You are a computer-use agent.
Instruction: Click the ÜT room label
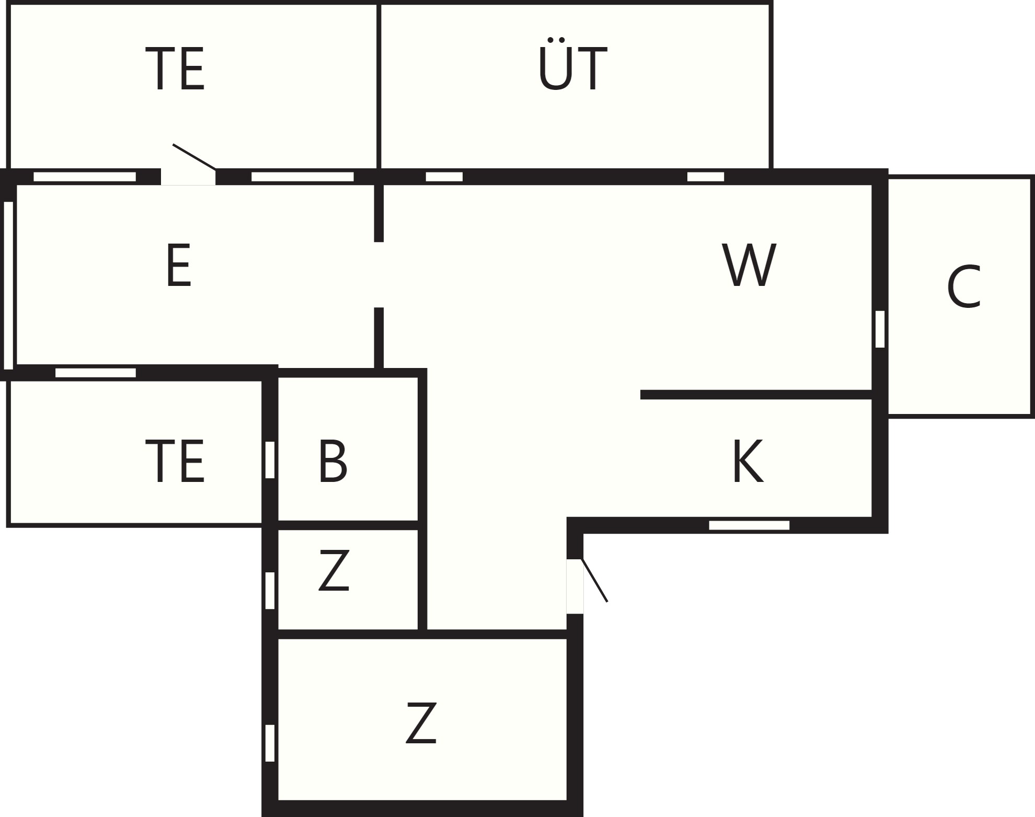573,64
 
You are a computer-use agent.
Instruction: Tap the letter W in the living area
749,264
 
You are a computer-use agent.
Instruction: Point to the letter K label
748,461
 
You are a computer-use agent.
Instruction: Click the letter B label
332,461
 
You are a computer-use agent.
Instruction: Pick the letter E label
179,266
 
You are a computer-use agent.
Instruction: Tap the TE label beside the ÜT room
175,69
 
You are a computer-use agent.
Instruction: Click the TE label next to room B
175,462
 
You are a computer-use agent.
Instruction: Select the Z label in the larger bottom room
421,723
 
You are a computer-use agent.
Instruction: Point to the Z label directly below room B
333,571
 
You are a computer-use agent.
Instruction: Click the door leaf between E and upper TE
194,157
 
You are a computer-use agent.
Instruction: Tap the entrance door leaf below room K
594,580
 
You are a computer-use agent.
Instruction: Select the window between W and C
880,329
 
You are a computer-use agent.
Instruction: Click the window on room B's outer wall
270,459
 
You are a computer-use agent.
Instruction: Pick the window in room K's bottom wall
749,525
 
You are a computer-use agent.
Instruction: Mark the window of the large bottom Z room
270,743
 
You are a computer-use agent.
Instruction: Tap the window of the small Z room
270,591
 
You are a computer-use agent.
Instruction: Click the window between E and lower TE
96,373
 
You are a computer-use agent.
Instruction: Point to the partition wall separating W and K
756,395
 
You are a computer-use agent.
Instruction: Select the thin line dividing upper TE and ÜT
378,86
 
